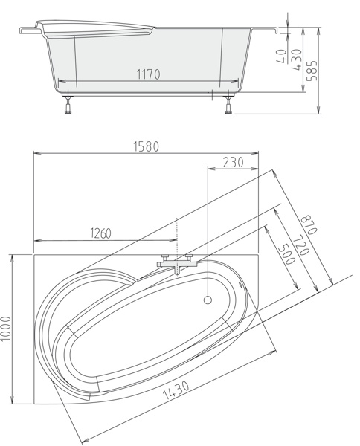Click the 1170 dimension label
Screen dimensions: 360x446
[148, 74]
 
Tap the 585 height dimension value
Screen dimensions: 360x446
[312, 71]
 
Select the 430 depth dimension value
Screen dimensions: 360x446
[297, 60]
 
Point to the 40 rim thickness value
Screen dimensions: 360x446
[281, 56]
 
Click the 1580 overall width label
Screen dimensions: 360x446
[146, 146]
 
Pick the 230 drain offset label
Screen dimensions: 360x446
[233, 163]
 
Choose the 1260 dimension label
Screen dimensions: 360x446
[100, 233]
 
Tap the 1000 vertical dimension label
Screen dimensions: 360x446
[6, 329]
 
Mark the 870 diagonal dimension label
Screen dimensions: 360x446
[309, 224]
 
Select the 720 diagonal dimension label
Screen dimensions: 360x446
[301, 245]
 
